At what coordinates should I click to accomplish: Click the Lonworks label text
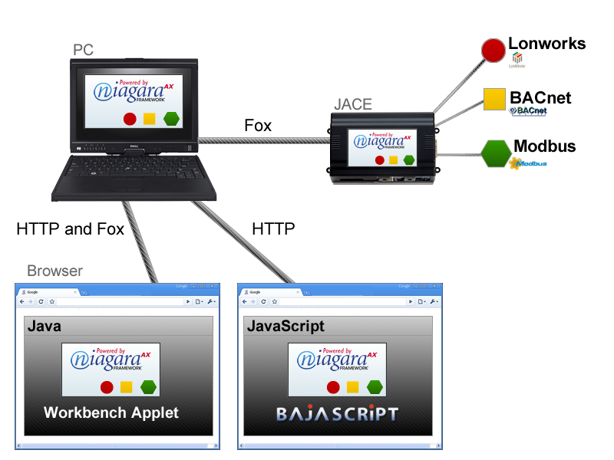pos(546,44)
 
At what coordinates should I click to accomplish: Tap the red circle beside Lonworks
pos(492,51)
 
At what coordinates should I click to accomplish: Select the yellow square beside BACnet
pos(494,99)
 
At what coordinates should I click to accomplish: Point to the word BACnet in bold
pos(540,98)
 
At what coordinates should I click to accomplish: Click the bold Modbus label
pos(544,146)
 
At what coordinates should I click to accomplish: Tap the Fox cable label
pos(258,125)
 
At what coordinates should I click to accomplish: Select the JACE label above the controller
pos(354,104)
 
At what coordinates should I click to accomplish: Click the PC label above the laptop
pos(84,50)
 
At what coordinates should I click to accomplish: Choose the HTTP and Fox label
pos(70,228)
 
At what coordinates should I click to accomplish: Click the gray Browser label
pos(54,271)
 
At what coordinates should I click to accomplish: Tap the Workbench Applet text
pos(111,412)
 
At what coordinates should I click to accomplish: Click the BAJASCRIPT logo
pos(338,415)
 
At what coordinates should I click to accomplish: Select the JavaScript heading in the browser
pos(286,327)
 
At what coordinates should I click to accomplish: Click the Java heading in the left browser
pos(45,327)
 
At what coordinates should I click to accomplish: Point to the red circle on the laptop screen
pos(130,119)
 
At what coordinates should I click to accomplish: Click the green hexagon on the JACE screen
pos(408,160)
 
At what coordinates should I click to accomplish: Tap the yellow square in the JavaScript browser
pos(353,387)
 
